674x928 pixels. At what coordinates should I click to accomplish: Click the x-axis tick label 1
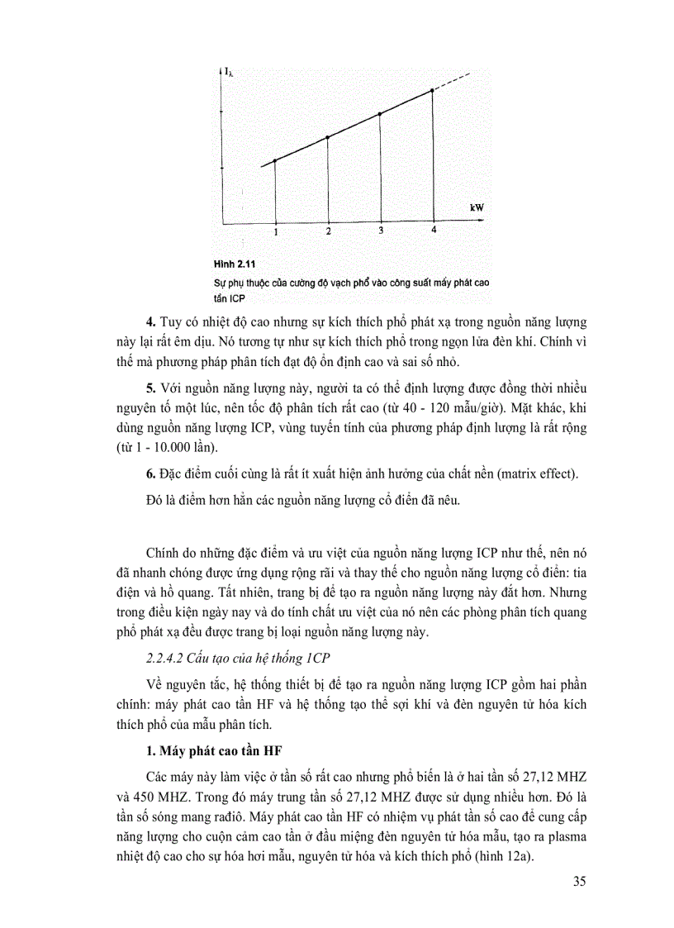(x=275, y=232)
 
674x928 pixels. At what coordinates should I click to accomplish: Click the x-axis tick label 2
(x=328, y=231)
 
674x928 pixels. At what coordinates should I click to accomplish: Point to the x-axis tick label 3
(x=380, y=231)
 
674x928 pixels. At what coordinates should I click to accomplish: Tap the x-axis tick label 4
(x=433, y=230)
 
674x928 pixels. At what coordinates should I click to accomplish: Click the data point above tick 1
(x=275, y=160)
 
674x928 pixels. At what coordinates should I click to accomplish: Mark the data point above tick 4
(x=433, y=90)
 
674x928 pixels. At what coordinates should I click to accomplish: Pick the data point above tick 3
(x=380, y=114)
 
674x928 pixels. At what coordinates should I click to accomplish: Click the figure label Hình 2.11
(x=236, y=266)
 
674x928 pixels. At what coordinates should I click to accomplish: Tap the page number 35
(x=578, y=881)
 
